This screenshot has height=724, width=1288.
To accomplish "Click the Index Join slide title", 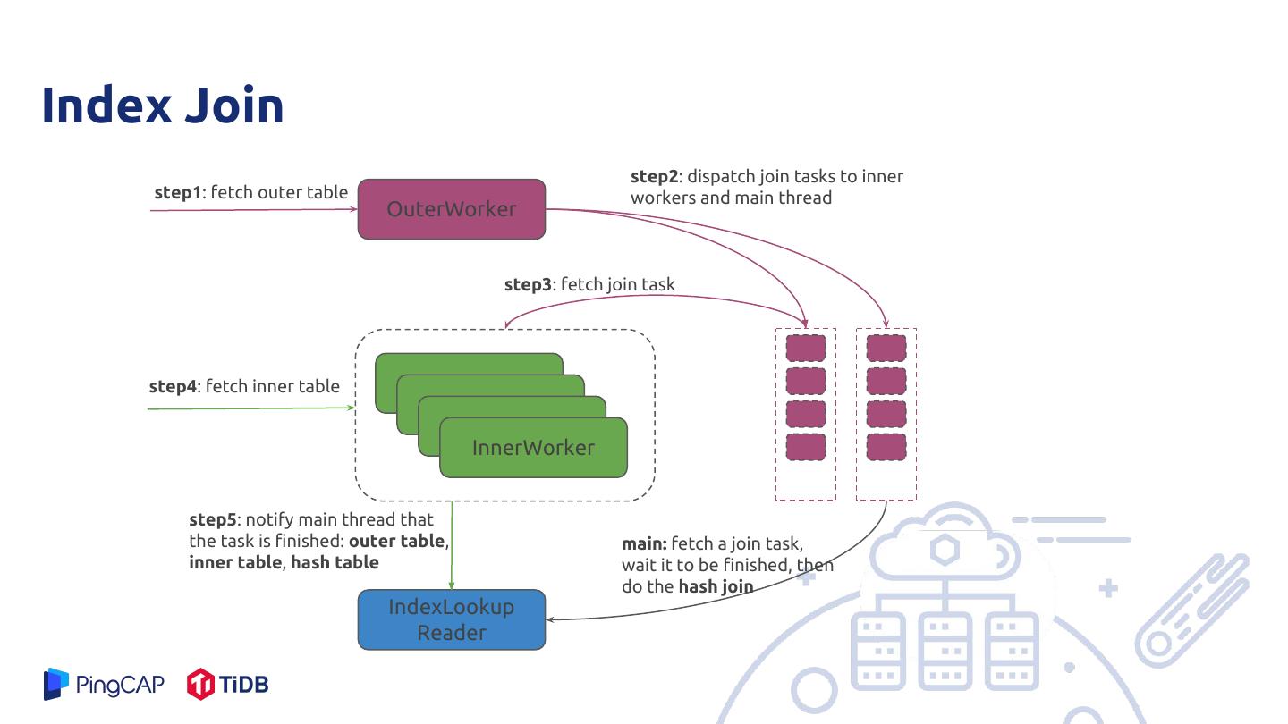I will [163, 105].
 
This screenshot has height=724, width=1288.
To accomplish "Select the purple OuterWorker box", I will [452, 209].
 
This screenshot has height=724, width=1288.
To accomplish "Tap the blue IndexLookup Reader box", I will [452, 619].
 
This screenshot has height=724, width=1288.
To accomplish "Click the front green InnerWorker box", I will [533, 448].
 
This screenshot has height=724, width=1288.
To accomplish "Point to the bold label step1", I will [178, 192].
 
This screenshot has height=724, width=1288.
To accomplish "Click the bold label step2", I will [655, 176].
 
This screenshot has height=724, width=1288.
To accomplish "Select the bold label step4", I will [173, 386].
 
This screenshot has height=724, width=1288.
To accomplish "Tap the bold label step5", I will [213, 519].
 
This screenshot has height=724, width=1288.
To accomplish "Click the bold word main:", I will [644, 543].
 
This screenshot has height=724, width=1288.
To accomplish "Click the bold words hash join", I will [716, 587].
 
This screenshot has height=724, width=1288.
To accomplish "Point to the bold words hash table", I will [335, 562].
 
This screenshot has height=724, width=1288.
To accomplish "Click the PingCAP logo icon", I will [56, 684].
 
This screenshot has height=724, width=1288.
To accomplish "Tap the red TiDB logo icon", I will [200, 685].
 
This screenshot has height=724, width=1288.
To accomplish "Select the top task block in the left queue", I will [805, 348].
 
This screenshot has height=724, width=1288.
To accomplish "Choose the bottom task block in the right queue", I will [885, 447].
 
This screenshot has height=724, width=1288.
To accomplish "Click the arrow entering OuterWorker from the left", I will [250, 210].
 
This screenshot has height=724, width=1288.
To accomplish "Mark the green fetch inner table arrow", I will [250, 408].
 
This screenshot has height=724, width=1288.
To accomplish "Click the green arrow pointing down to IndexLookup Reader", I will [452, 545].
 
